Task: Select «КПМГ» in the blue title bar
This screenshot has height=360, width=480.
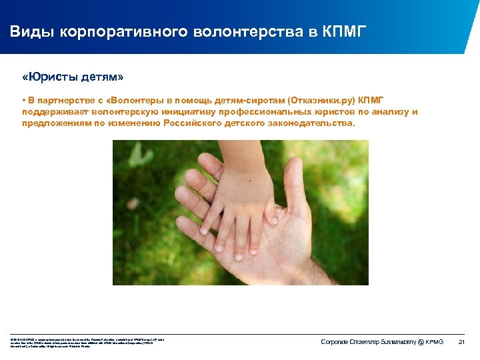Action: pos(343,32)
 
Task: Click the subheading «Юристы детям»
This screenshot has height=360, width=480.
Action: pos(73,77)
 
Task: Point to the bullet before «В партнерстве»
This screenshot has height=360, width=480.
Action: pos(23,100)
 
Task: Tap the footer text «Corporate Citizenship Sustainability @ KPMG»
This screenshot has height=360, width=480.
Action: pos(382,342)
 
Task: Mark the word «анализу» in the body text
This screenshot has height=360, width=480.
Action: pos(391,111)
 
